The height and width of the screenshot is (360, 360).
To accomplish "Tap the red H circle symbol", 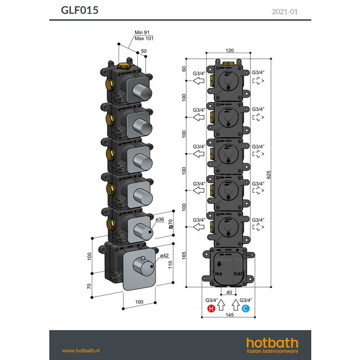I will [x=211, y=308].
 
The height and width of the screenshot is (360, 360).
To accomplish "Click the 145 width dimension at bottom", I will [x=229, y=315].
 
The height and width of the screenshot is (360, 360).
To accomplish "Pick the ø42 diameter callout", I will [x=164, y=255].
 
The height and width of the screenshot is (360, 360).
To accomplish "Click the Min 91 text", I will [x=143, y=32].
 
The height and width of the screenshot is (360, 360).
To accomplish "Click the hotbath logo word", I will [x=271, y=342].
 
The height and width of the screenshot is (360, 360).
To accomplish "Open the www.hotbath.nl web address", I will [x=80, y=350].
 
